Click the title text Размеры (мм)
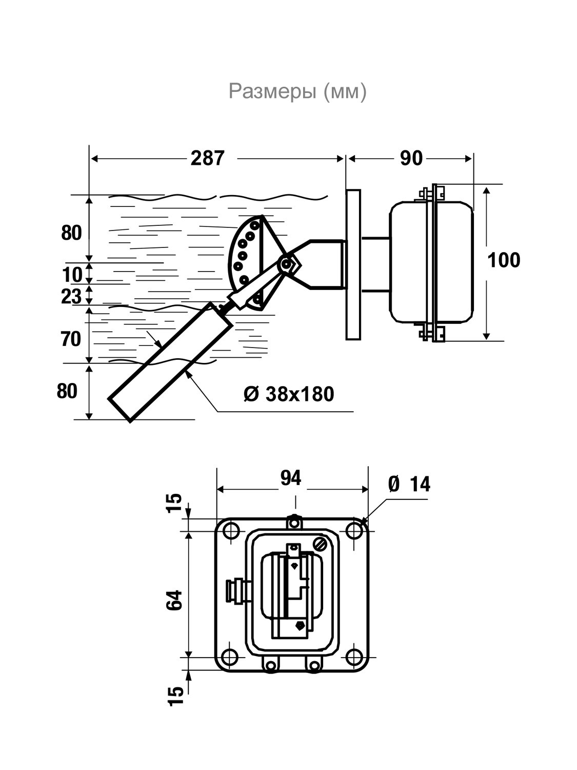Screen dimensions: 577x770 pos(297,91)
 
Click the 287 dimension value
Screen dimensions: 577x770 pos(207,158)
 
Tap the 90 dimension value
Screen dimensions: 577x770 pos(411,158)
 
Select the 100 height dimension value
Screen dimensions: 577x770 pos(504,260)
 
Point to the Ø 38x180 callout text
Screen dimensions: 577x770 pos(289,394)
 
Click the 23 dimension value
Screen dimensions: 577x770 pos(71,296)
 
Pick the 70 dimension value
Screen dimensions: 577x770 pos(71,339)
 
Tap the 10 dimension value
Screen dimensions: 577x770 pos(72,274)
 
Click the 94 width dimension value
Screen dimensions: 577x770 pos(291,477)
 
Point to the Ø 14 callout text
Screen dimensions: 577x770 pos(409,484)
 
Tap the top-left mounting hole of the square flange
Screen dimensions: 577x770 pos(231,531)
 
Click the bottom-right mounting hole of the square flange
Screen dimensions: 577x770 pos(354,656)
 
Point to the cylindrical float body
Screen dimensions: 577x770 pos(170,362)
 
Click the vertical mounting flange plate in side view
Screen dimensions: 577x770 pos(353,264)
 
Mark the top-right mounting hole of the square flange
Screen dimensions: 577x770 pos(354,531)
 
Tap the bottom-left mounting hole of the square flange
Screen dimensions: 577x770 pos(231,656)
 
